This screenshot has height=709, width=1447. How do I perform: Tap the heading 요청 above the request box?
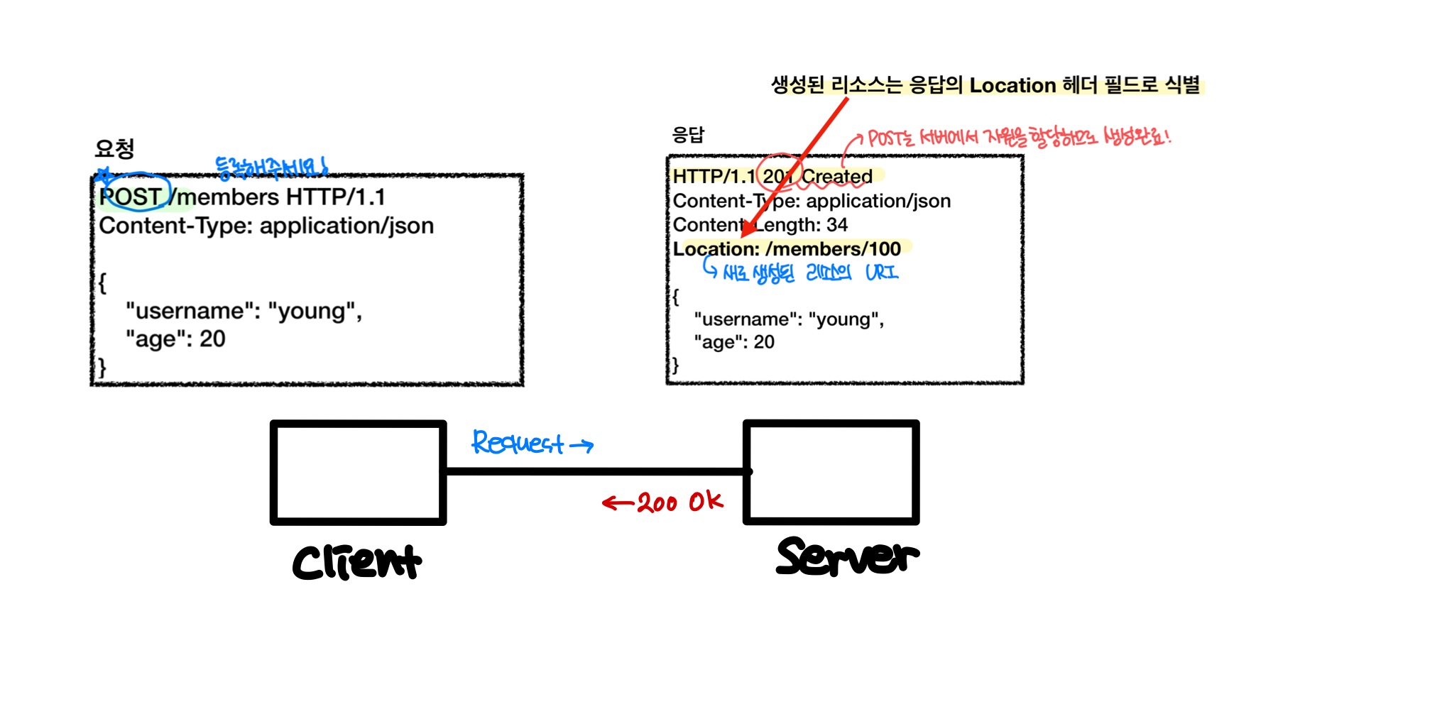114,148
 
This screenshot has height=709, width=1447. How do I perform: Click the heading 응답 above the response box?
688,135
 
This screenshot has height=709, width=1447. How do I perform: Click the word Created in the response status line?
837,176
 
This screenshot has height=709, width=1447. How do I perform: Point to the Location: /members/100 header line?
787,249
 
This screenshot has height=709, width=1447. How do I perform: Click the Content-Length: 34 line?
760,225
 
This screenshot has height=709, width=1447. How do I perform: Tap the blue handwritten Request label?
518,443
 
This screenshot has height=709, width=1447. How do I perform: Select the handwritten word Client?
356,562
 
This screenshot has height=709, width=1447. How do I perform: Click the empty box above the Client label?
358,473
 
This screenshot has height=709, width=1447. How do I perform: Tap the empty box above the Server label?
831,473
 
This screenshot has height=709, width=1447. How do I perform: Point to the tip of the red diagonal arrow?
743,236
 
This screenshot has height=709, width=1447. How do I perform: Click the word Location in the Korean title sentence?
1012,85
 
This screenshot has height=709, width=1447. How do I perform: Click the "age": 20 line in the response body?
734,342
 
